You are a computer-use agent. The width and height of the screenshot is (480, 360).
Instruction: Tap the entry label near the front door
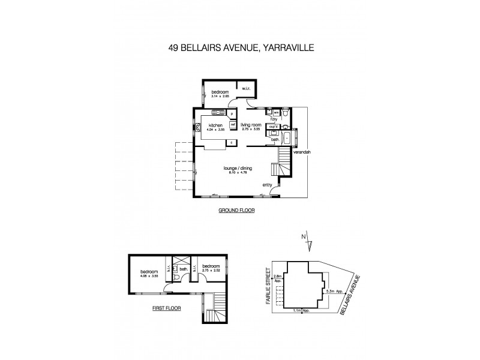(x=267, y=184)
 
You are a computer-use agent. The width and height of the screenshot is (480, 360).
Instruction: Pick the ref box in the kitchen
(x=232, y=124)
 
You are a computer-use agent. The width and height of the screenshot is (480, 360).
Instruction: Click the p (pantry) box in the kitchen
(x=232, y=113)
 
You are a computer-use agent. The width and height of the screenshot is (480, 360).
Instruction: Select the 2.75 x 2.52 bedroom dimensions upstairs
(x=211, y=271)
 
